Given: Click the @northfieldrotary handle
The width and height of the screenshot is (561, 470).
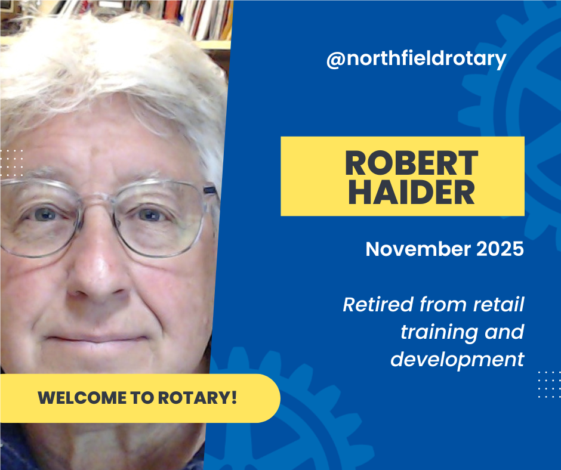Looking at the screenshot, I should [x=416, y=59].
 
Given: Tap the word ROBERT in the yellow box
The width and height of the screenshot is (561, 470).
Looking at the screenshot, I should [x=411, y=162].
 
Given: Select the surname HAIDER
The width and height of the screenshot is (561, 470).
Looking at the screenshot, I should [x=411, y=192].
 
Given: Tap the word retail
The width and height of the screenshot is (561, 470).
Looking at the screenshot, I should [x=498, y=305].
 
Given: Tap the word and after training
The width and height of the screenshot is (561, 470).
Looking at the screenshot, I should [x=504, y=332].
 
